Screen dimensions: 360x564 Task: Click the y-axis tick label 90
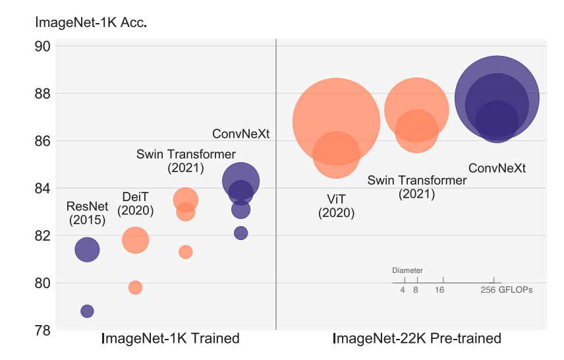(x=43, y=47)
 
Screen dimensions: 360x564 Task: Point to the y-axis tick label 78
(x=43, y=330)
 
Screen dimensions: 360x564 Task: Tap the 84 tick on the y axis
(x=43, y=189)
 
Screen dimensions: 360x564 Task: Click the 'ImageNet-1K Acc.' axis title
(x=90, y=22)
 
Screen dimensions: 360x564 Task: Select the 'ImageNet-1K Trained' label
(x=170, y=339)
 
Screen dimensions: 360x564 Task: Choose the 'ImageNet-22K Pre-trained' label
(x=416, y=339)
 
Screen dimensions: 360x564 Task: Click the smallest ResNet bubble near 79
(x=87, y=311)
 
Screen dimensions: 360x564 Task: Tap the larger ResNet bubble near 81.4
(x=87, y=250)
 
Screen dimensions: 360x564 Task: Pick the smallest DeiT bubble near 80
(x=135, y=287)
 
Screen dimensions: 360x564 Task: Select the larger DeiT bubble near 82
(x=135, y=240)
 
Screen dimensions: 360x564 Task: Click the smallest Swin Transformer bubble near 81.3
(x=185, y=252)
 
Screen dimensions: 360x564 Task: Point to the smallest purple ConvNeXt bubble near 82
(x=240, y=233)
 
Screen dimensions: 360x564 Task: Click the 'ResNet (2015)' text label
(x=86, y=214)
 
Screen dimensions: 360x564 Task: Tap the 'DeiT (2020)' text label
(x=135, y=204)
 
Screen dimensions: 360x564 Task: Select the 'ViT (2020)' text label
(x=336, y=206)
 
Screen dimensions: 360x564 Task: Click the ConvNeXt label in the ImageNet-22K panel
(x=497, y=168)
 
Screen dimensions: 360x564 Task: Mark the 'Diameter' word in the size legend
(x=407, y=270)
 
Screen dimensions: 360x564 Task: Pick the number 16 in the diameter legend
(x=439, y=289)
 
